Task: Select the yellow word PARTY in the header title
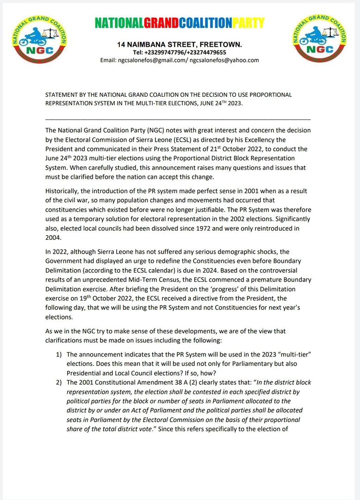point(248,22)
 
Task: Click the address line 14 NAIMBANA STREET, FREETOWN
point(180,44)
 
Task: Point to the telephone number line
point(180,52)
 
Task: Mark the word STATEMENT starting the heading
point(62,95)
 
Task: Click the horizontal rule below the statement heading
point(178,119)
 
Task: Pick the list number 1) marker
point(59,354)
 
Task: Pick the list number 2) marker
point(59,382)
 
